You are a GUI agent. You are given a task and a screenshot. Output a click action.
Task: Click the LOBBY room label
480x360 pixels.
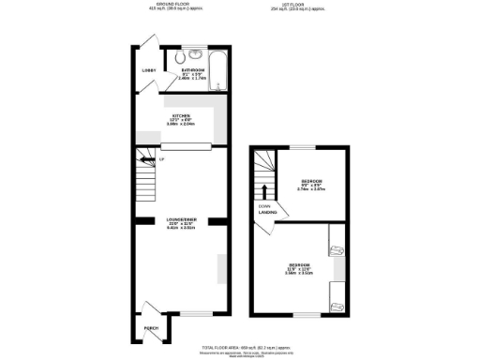pyautogui.click(x=148, y=70)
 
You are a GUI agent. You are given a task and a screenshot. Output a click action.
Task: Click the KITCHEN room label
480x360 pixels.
pyautogui.click(x=181, y=116)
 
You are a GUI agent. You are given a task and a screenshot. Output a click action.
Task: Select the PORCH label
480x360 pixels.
pyautogui.click(x=150, y=328)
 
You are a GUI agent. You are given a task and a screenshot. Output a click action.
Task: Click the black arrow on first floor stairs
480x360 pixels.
pyautogui.click(x=275, y=193)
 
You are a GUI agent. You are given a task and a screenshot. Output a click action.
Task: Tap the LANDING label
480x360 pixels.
pyautogui.click(x=267, y=213)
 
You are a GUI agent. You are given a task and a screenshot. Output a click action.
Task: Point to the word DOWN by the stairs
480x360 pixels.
pyautogui.click(x=265, y=206)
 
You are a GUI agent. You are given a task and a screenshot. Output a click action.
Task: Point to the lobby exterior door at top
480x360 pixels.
pyautogui.click(x=142, y=45)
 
